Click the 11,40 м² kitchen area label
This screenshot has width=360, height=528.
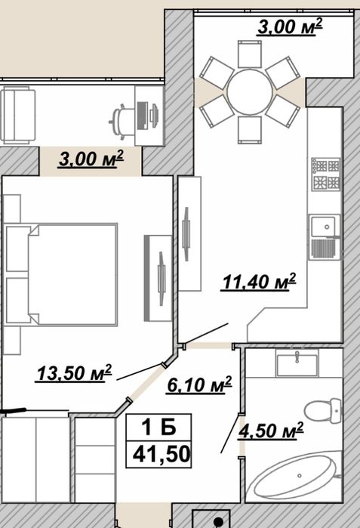[x=259, y=282]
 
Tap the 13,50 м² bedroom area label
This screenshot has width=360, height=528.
[x=74, y=372]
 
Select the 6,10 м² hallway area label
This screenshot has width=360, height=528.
[x=199, y=385]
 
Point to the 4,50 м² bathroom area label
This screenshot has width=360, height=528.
[x=270, y=431]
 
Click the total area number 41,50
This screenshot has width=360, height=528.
[x=162, y=454]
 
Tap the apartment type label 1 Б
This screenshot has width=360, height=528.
[x=158, y=428]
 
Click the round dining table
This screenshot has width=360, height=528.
[x=249, y=91]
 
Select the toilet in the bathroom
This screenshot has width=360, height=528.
[x=323, y=411]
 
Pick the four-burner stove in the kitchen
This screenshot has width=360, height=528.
[x=326, y=174]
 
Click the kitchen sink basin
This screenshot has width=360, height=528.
[x=323, y=227]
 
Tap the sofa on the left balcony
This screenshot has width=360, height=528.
[x=18, y=115]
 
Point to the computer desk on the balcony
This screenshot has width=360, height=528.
[x=149, y=116]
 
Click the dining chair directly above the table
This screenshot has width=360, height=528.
[x=250, y=54]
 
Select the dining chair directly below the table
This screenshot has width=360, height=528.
[x=250, y=131]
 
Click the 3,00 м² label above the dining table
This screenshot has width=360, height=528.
[x=290, y=27]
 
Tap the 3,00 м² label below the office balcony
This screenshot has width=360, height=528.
[x=91, y=159]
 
